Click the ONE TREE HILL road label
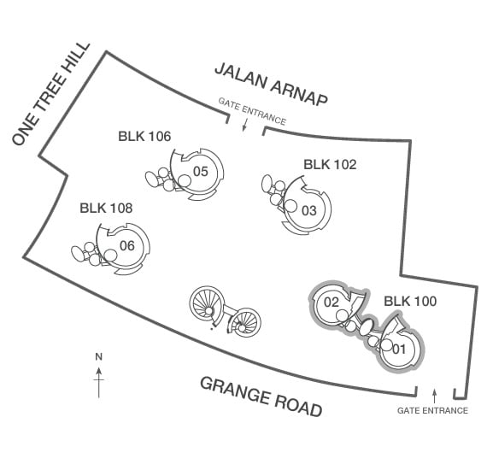click(x=51, y=94)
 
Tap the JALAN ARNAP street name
click(x=271, y=85)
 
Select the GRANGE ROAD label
click(x=261, y=397)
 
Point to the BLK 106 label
click(x=144, y=137)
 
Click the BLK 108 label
click(x=106, y=209)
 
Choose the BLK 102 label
click(x=330, y=165)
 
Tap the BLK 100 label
click(x=410, y=302)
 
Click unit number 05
click(x=201, y=172)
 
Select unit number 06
click(x=127, y=246)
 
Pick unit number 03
click(x=309, y=211)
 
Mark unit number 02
click(x=332, y=303)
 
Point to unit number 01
click(x=399, y=350)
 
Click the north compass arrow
click(x=99, y=383)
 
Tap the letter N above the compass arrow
click(x=99, y=357)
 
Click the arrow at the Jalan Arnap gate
click(x=244, y=125)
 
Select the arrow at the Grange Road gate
click(x=435, y=396)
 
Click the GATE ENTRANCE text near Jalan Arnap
click(x=252, y=111)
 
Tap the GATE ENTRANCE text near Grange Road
click(x=432, y=411)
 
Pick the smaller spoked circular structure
click(x=244, y=322)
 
